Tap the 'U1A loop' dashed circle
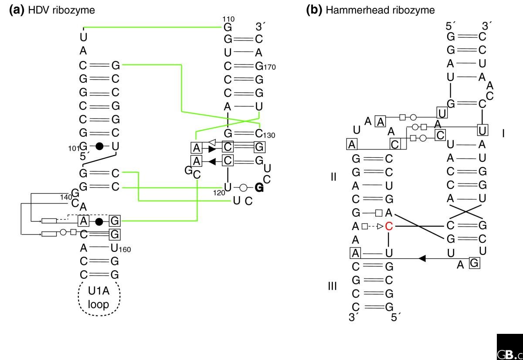pyautogui.click(x=99, y=299)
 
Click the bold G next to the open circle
pyautogui.click(x=259, y=188)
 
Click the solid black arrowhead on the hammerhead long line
pyautogui.click(x=421, y=259)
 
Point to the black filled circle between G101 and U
pyautogui.click(x=99, y=146)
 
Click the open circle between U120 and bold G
pyautogui.click(x=244, y=188)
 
